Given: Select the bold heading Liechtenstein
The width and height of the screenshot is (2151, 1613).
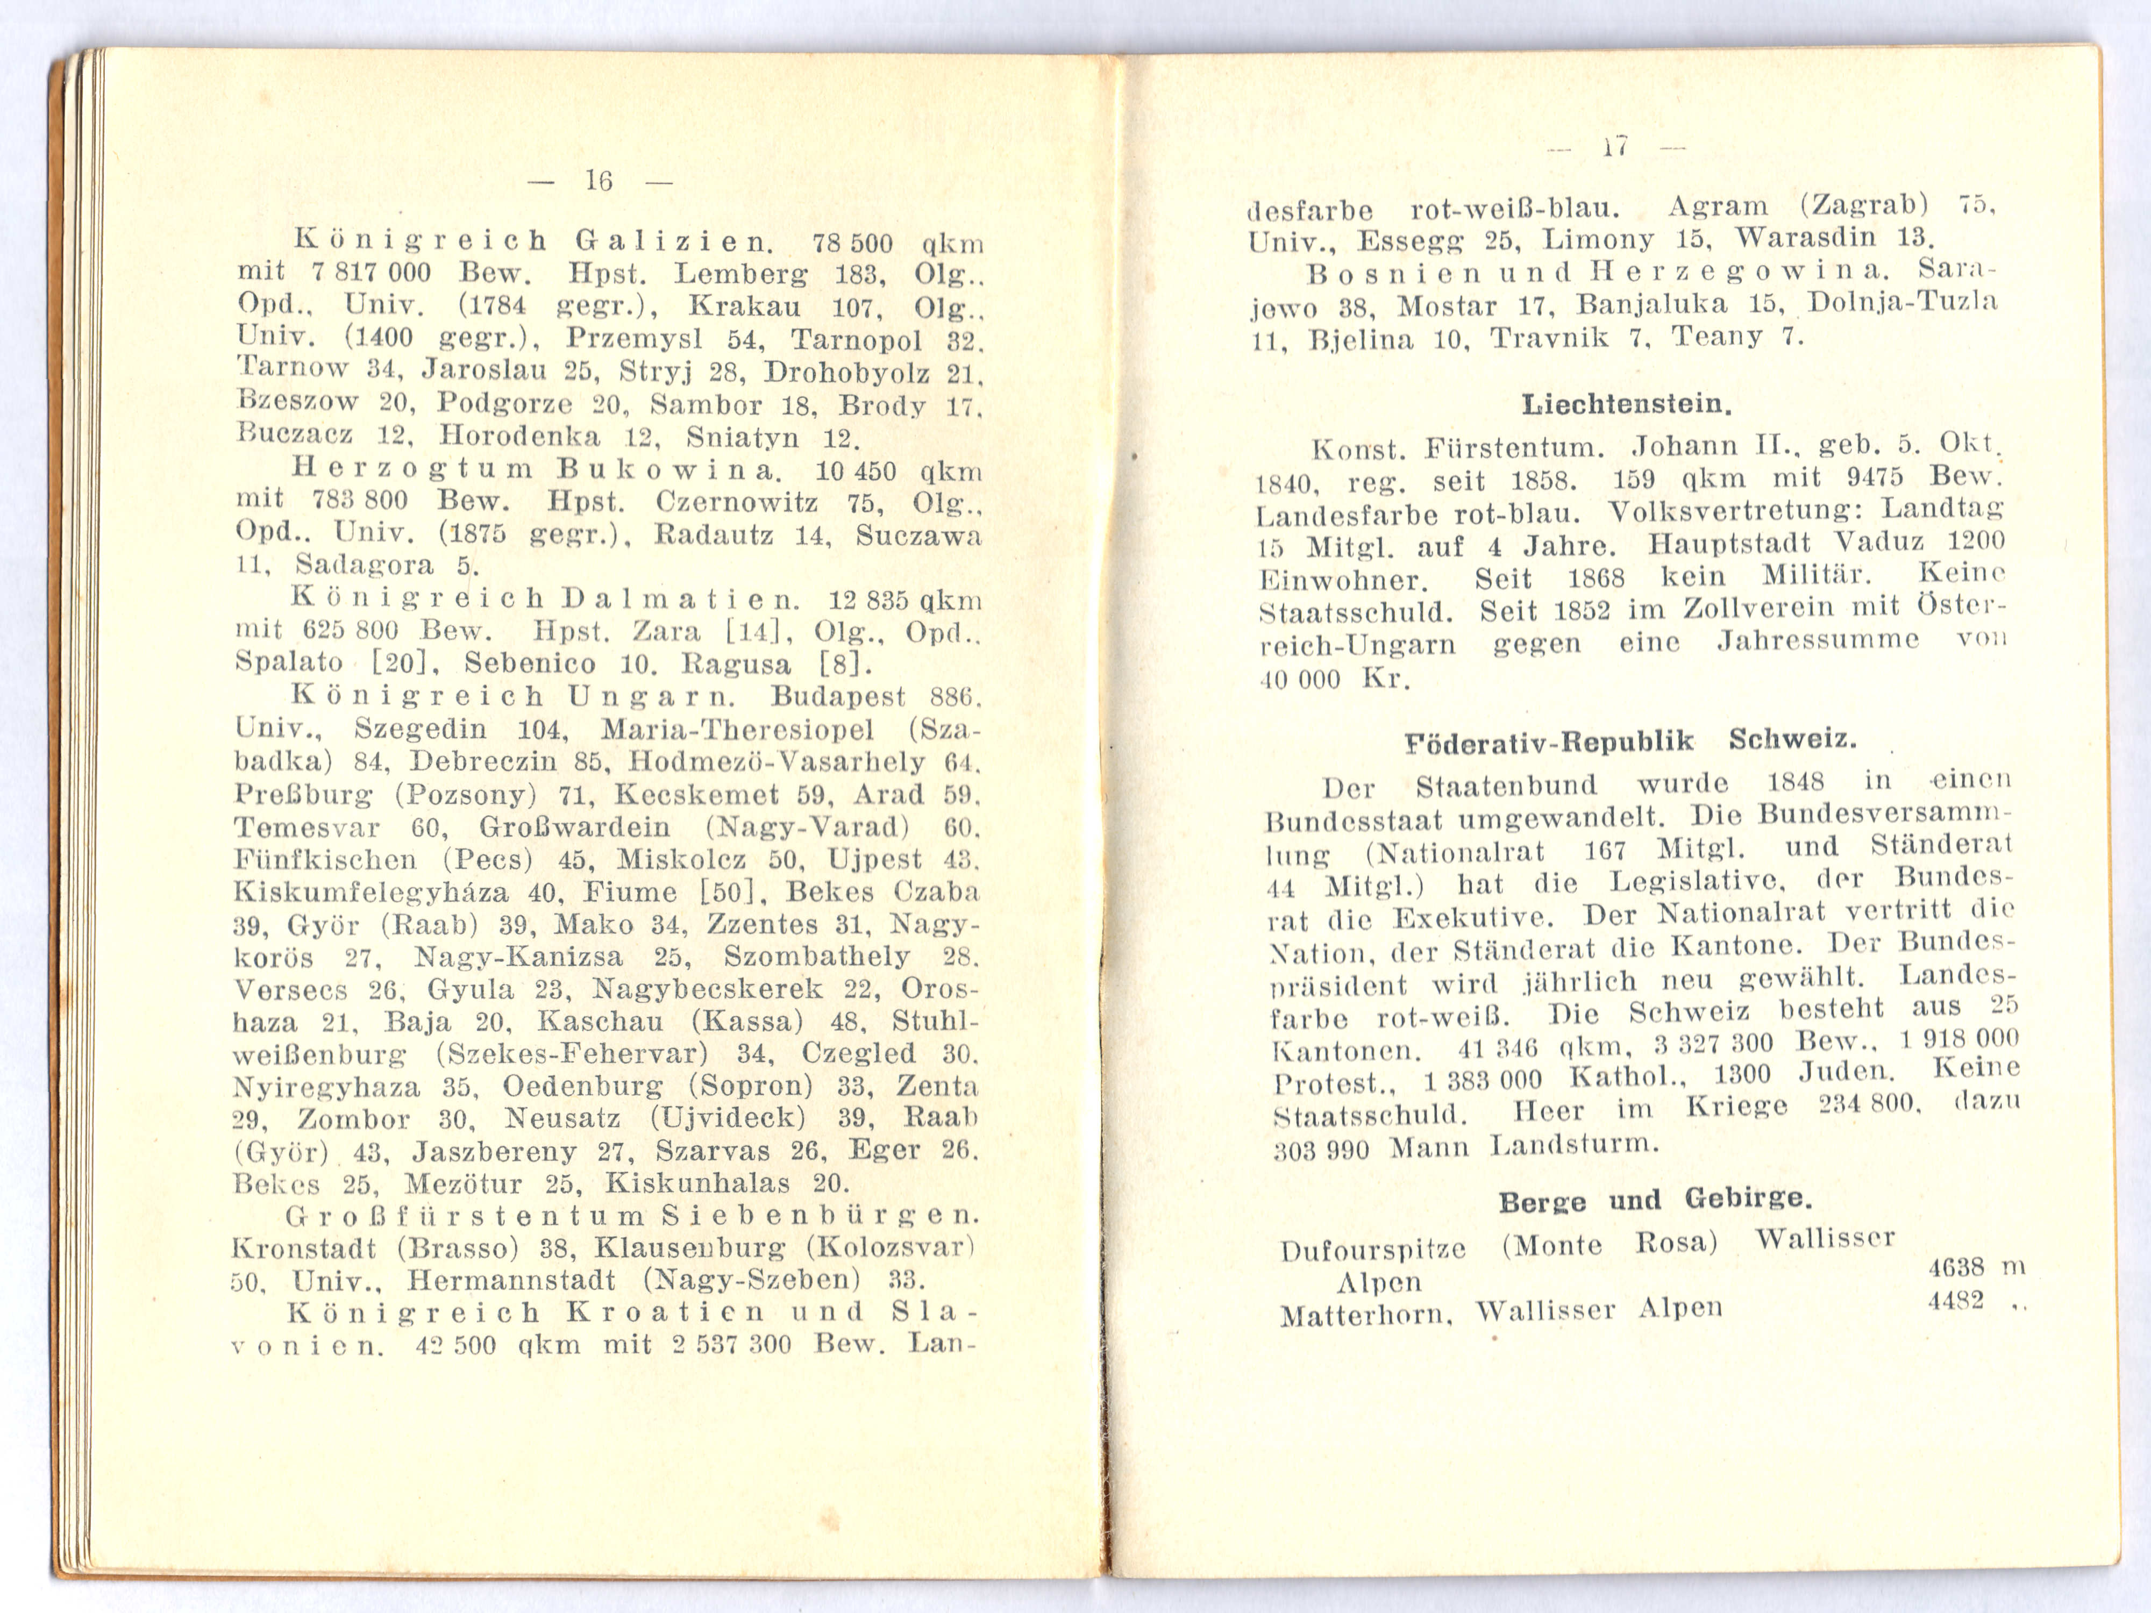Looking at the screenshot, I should click(x=1627, y=403).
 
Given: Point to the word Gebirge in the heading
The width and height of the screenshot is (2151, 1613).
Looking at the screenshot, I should click(x=1748, y=1199).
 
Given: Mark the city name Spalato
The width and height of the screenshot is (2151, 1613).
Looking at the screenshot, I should click(x=289, y=663).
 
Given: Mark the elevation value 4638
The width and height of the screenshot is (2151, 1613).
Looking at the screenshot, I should click(x=1956, y=1267).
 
